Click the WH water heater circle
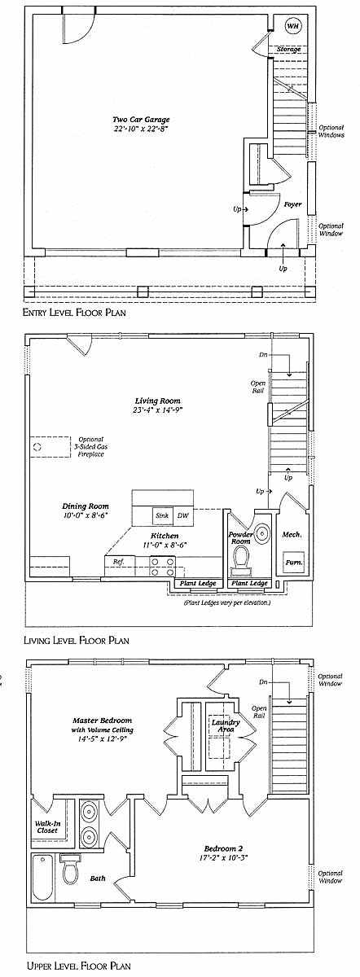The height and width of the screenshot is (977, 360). tap(293, 26)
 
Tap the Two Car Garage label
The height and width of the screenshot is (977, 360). tap(141, 120)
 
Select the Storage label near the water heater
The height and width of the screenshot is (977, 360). tap(288, 50)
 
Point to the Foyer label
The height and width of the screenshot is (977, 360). tap(292, 204)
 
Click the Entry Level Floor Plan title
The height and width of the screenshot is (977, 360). tap(74, 313)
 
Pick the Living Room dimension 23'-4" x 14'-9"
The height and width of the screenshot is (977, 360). tap(157, 410)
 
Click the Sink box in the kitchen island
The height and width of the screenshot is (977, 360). tap(162, 515)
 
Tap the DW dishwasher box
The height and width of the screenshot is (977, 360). tap(183, 515)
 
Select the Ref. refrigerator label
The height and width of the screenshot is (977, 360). tap(119, 562)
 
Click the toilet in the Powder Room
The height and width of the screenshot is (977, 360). tap(242, 559)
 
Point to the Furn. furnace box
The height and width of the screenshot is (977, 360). tap(293, 563)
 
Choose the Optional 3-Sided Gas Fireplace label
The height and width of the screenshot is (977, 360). tap(91, 447)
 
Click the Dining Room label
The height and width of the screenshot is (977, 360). tap(85, 506)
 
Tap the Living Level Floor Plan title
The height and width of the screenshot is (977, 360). tap(77, 640)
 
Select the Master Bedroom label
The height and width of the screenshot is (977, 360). tap(102, 721)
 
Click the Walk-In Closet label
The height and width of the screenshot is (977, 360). tap(47, 827)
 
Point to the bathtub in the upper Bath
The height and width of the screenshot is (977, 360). tap(42, 877)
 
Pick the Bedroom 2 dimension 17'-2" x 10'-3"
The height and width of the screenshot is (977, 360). tap(223, 857)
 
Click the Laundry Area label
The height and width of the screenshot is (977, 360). tap(226, 725)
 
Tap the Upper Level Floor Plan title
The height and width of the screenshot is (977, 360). tap(78, 966)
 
